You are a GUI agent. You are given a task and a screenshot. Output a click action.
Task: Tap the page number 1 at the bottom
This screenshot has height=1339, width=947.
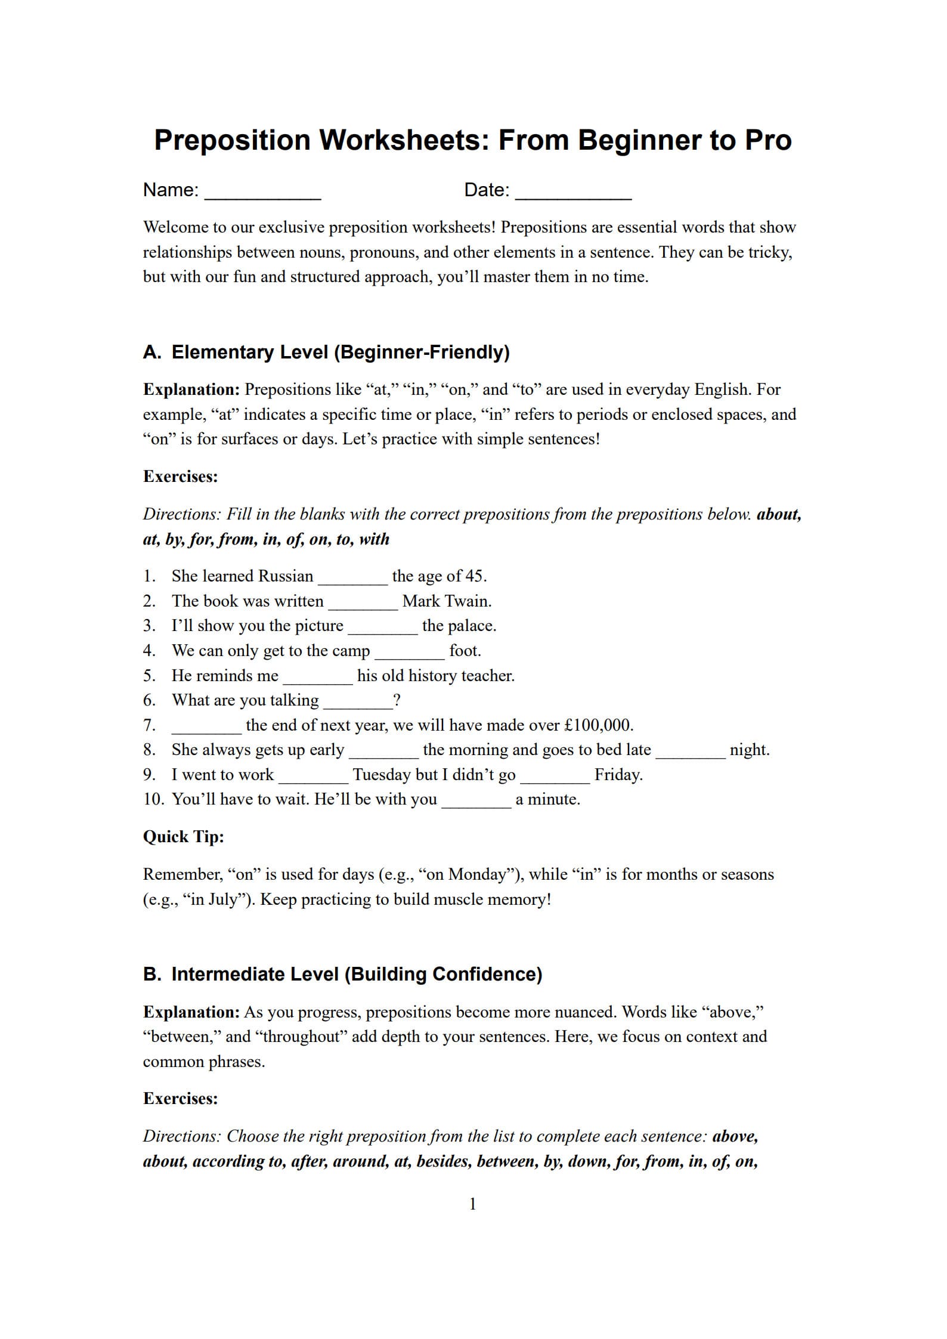(473, 1204)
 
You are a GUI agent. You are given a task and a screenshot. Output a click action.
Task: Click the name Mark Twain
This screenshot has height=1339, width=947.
(447, 601)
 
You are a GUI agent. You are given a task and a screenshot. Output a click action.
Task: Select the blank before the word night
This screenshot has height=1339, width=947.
(691, 752)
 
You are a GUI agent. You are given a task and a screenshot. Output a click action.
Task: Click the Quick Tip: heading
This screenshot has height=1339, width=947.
(184, 837)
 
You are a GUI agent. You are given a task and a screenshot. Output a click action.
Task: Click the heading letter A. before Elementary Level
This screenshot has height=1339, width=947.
(152, 352)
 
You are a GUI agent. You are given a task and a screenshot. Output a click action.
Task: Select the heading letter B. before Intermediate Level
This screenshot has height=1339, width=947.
(152, 975)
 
